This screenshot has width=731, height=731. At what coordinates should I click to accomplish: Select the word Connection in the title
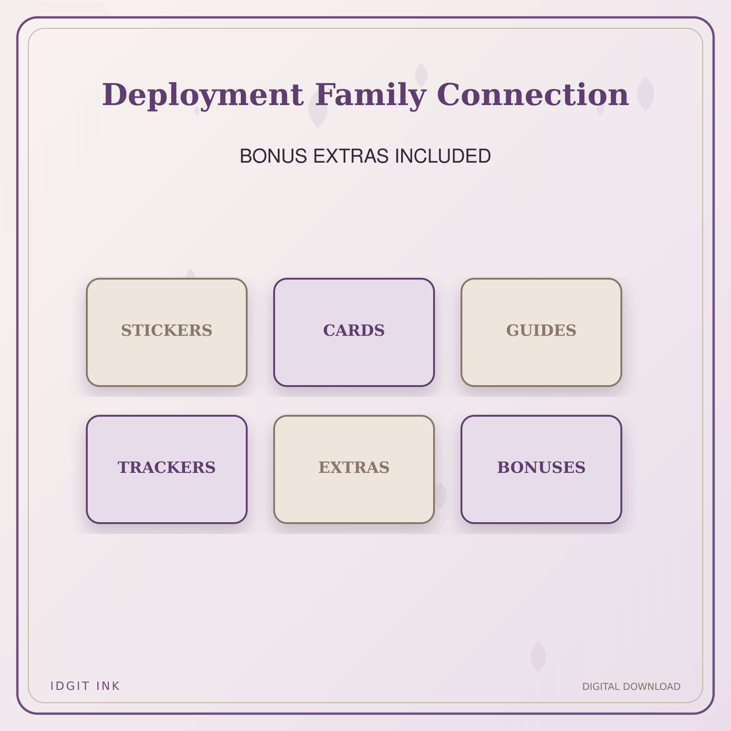[x=533, y=95]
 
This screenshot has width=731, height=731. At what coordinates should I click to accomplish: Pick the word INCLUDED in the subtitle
[x=443, y=156]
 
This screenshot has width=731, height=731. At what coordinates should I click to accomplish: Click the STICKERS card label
[x=167, y=330]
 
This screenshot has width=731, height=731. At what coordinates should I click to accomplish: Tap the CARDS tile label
[x=354, y=330]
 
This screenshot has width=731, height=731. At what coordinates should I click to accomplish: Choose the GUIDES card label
[x=541, y=330]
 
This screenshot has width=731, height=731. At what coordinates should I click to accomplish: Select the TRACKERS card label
[x=167, y=467]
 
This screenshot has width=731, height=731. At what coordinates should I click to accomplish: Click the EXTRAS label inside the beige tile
[x=354, y=467]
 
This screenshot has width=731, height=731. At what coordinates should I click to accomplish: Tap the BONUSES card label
[x=541, y=467]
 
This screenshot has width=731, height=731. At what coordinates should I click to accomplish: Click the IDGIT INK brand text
[x=85, y=686]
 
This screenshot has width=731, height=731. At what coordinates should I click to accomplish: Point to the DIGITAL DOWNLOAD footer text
[x=631, y=686]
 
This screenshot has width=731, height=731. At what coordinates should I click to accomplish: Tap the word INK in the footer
[x=108, y=686]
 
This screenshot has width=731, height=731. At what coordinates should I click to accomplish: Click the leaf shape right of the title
[x=646, y=94]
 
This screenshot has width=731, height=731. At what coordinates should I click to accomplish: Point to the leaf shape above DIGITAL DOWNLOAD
[x=538, y=657]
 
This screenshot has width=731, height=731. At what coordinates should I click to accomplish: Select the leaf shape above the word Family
[x=421, y=75]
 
